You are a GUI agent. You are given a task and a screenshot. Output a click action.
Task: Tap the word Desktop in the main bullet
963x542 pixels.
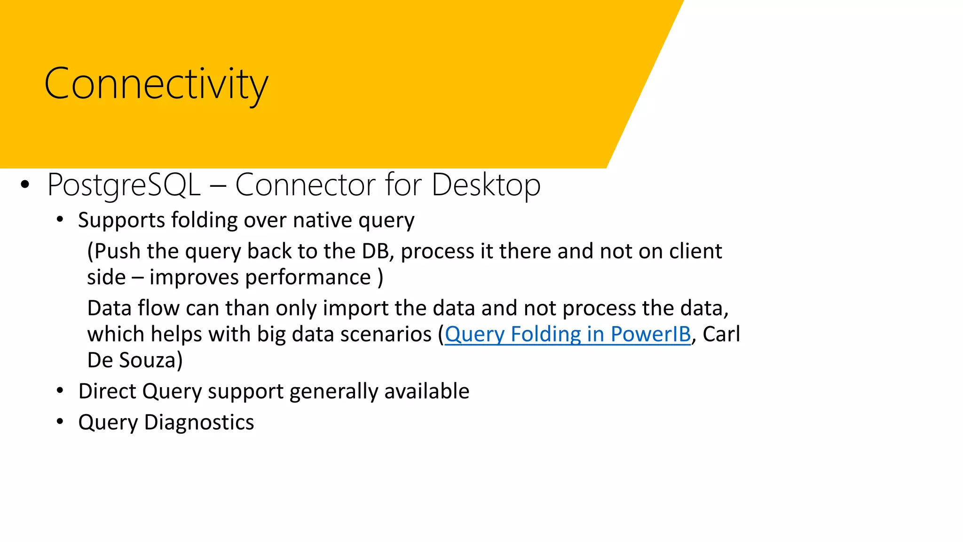coord(486,185)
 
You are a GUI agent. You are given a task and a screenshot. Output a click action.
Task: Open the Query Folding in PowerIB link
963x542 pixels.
coord(568,335)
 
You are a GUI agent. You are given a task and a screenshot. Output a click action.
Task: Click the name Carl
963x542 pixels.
coord(721,335)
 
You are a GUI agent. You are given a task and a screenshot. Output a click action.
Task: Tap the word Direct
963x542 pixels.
coord(107,391)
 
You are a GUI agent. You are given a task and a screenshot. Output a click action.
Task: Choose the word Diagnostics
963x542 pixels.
coord(199,422)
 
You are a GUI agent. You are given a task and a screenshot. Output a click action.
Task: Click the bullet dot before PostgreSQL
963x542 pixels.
coord(25,185)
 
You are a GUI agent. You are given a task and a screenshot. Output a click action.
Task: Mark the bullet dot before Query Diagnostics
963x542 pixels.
coord(60,422)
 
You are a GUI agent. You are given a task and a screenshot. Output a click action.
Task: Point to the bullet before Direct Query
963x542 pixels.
coord(60,391)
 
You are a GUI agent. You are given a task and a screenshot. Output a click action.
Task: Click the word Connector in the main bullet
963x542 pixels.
coord(306,185)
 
